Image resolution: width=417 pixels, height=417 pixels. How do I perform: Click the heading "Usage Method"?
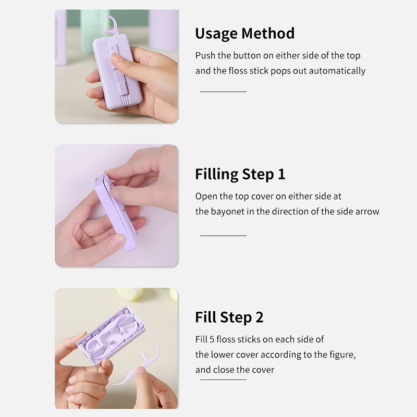244,33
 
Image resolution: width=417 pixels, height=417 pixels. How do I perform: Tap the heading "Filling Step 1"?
240,175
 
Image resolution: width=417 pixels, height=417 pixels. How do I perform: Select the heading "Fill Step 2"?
229,317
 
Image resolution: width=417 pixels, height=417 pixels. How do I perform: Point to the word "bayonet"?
227,212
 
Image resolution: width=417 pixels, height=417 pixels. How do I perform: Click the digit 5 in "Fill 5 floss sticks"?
212,339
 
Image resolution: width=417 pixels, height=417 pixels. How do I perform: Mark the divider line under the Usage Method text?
223,92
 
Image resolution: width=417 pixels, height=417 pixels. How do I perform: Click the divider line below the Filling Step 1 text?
223,236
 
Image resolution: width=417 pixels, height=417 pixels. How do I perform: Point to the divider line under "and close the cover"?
223,379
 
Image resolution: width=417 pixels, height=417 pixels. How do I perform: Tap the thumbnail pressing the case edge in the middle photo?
115,192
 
